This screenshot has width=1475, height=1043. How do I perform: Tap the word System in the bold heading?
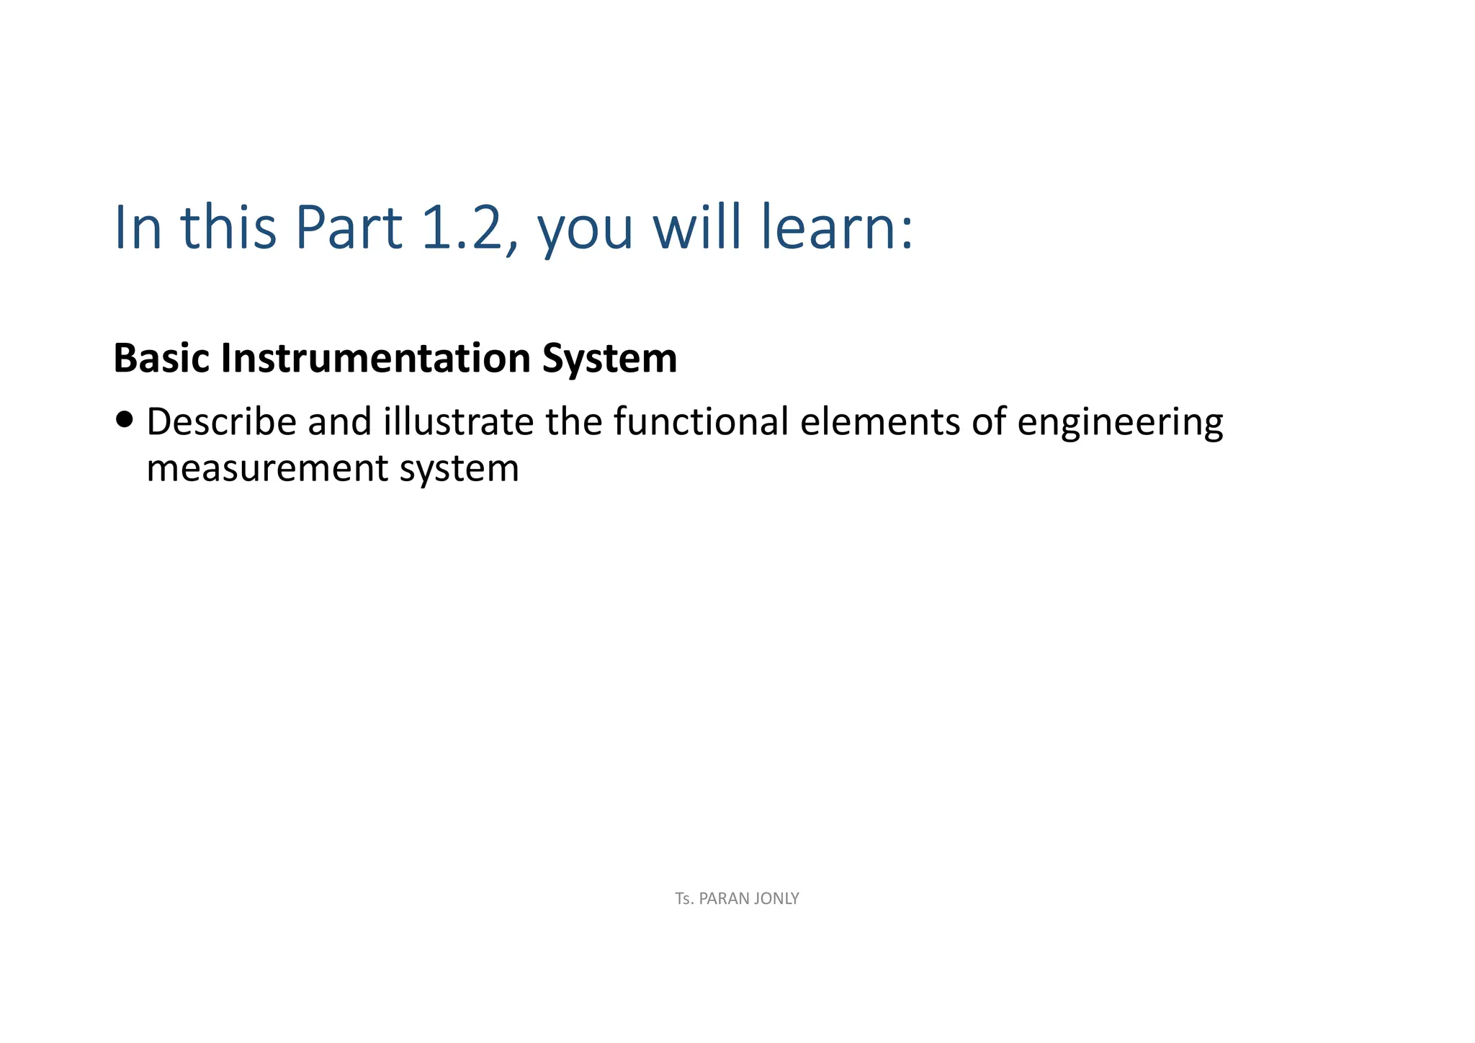pos(609,359)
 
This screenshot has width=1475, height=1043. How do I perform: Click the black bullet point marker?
pos(124,420)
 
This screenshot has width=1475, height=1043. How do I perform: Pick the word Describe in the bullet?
pos(221,422)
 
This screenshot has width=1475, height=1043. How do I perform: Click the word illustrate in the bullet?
pos(458,422)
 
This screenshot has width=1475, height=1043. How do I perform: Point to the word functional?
pos(701,422)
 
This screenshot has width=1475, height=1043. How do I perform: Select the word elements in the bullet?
pos(879,422)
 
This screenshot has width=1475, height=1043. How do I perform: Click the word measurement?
pos(267,469)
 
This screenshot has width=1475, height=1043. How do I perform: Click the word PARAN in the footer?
pos(723,899)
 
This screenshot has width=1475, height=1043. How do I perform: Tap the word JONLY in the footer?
pos(776,899)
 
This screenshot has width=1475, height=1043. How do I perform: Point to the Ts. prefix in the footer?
pos(684,899)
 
